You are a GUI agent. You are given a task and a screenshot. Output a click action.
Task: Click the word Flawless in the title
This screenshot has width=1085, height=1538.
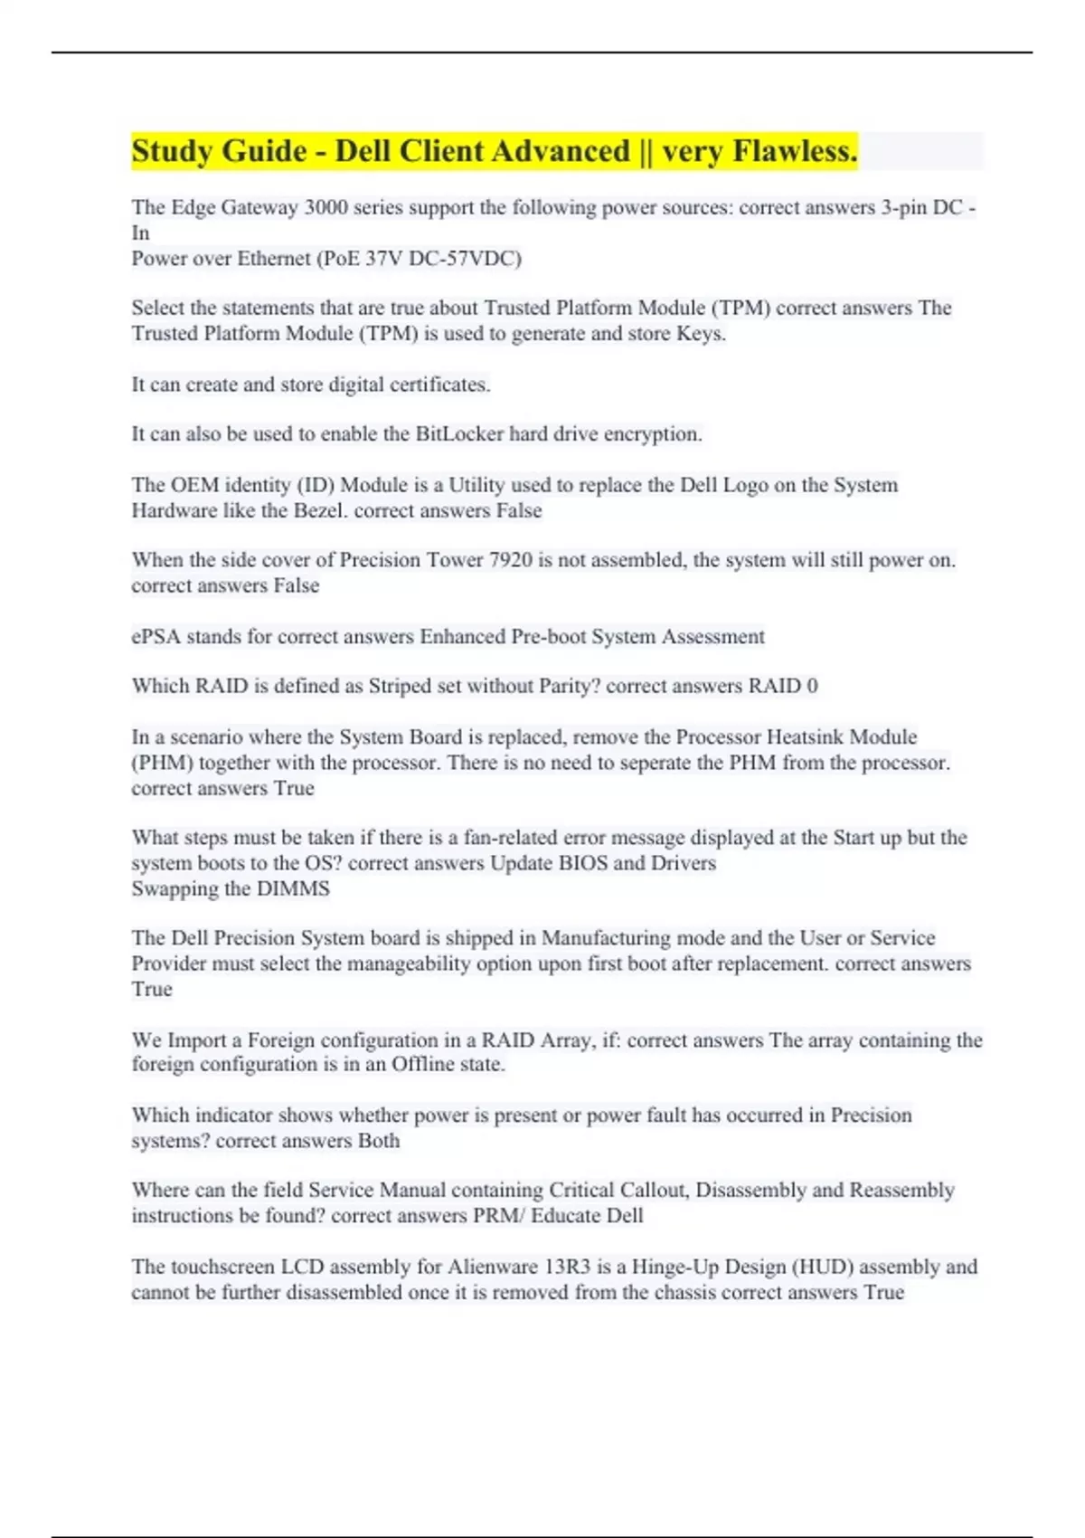pyautogui.click(x=795, y=151)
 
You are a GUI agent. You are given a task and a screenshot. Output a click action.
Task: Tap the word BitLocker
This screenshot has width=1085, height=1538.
pyautogui.click(x=459, y=434)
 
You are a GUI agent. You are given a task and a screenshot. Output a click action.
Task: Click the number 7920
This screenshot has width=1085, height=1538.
pyautogui.click(x=510, y=560)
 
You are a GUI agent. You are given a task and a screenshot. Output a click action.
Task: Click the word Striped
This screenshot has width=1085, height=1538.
pyautogui.click(x=400, y=686)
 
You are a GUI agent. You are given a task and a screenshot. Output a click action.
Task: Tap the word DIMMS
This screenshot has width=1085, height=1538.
pyautogui.click(x=293, y=888)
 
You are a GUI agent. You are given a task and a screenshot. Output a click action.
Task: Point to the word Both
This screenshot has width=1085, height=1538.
pyautogui.click(x=379, y=1141)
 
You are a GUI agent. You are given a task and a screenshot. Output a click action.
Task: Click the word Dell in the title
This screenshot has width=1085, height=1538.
pyautogui.click(x=363, y=151)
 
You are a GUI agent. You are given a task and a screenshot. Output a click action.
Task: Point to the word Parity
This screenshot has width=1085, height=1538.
pyautogui.click(x=570, y=686)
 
